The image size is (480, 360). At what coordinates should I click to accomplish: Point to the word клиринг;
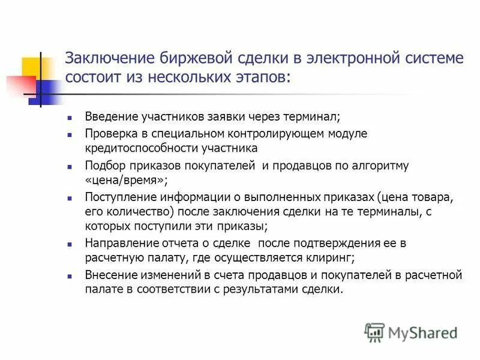[328, 258]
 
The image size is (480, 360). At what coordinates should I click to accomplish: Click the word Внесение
[109, 275]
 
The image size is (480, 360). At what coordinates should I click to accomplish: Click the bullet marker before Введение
[70, 117]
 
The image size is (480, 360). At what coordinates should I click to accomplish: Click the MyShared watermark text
[422, 332]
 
